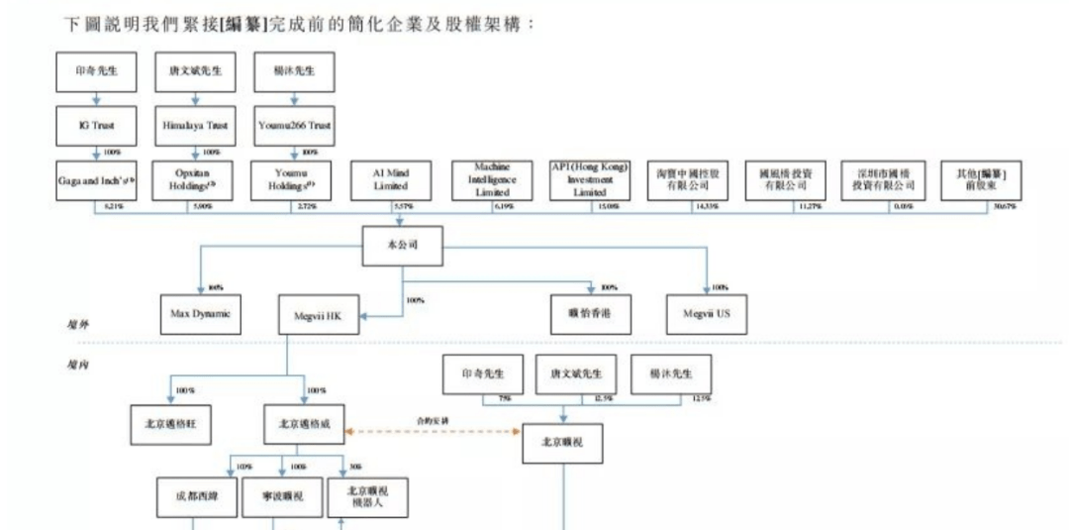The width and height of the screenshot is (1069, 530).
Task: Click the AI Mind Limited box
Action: [391, 180]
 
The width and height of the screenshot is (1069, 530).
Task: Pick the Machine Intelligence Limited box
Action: [492, 180]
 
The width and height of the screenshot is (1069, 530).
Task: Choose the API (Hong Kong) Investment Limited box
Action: [590, 180]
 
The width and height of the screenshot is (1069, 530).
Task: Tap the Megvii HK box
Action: [319, 315]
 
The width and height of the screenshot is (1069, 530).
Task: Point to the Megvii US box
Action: [706, 315]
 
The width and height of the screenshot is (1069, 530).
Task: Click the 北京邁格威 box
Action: [303, 425]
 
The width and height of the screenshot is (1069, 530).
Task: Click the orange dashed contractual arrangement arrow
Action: [432, 432]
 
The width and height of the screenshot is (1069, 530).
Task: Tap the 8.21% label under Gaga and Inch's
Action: [113, 205]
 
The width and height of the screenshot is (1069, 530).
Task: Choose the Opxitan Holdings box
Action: [194, 180]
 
